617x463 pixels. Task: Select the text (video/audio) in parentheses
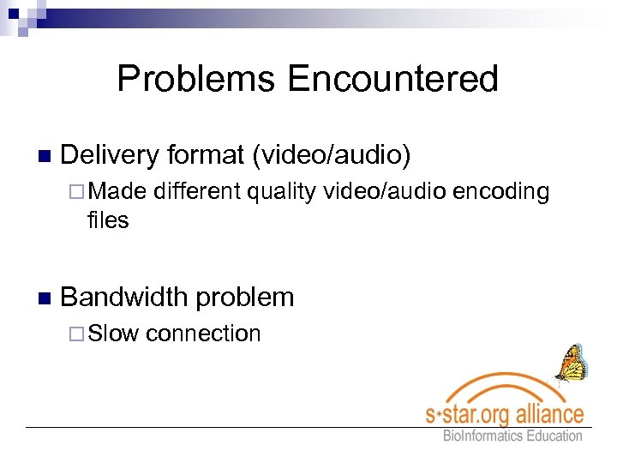(330, 155)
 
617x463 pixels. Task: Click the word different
(197, 192)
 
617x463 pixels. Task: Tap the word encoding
(500, 192)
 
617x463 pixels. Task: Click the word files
(108, 220)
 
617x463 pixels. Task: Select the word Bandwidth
(123, 298)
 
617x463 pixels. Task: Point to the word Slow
(114, 334)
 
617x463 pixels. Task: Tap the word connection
(203, 334)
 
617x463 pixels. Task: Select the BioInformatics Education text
(512, 436)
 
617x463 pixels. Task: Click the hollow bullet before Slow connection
(78, 334)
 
